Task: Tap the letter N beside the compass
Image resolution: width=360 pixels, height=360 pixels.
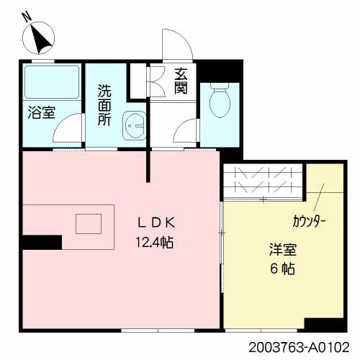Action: pos(27,16)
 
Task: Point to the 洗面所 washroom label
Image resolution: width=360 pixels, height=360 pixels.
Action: pos(105,105)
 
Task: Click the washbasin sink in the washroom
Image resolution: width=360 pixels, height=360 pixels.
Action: pos(134,127)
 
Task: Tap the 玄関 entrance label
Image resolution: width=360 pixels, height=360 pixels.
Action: pos(180,81)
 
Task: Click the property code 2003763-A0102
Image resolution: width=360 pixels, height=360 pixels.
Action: pos(302,346)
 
